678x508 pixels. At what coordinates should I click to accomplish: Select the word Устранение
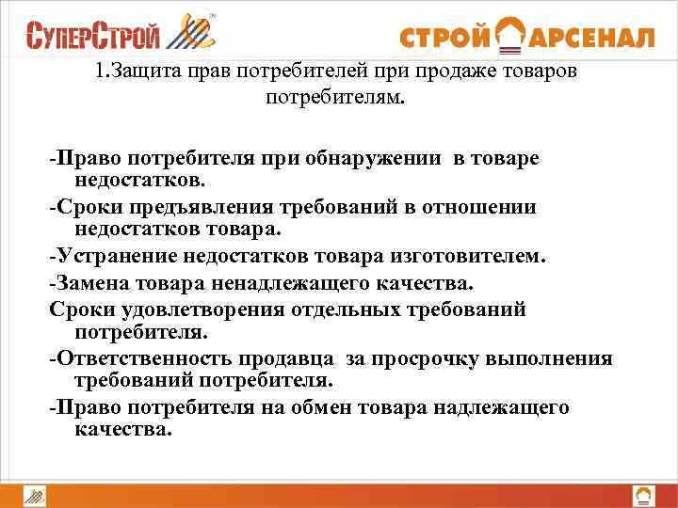click(105, 256)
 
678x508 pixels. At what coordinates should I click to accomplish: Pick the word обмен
click(324, 407)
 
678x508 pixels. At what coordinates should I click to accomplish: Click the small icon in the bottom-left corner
click(35, 495)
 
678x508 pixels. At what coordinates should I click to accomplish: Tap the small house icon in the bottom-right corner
click(643, 495)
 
